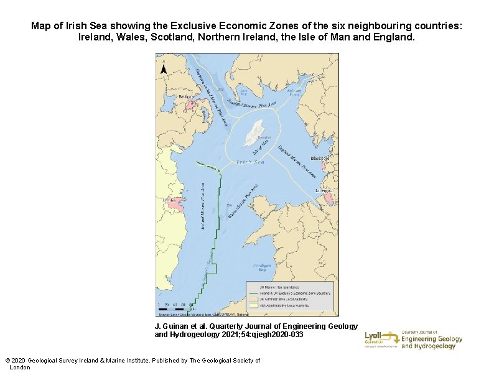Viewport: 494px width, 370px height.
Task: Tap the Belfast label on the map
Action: pyautogui.click(x=185, y=97)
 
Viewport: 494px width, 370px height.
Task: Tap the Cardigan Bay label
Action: pyautogui.click(x=263, y=267)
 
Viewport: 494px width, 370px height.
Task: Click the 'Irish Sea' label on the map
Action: pyautogui.click(x=251, y=162)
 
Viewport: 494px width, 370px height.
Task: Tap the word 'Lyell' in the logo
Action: pyautogui.click(x=374, y=335)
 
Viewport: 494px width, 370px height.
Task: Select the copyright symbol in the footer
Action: pyautogui.click(x=7, y=361)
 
